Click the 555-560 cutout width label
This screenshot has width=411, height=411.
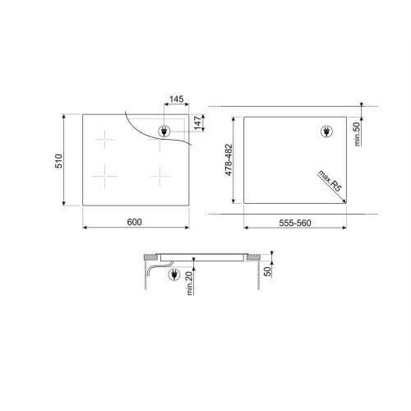293,221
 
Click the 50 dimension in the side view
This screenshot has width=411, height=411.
267,270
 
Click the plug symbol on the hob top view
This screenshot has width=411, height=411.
164,131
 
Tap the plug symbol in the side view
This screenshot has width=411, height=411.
174,276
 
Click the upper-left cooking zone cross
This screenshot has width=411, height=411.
106,141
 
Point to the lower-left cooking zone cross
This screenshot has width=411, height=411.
106,175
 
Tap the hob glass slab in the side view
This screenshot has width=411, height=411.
201,256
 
